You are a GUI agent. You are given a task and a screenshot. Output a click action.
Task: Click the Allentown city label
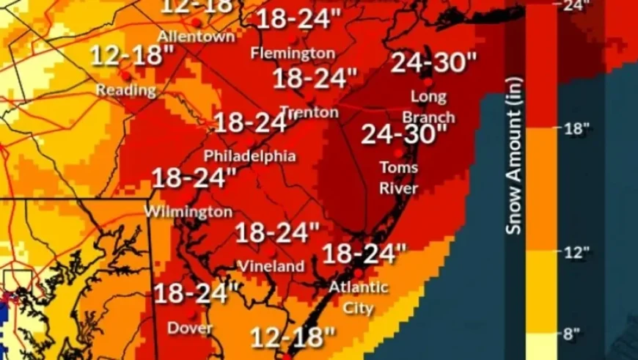[x=196, y=36]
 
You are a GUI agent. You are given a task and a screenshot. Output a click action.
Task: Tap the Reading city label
[x=126, y=90]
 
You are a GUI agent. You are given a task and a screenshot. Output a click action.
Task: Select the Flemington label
[x=293, y=53]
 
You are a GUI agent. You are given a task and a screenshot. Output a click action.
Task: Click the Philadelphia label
[x=250, y=156]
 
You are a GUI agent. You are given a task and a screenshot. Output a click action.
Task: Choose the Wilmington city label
[x=188, y=212]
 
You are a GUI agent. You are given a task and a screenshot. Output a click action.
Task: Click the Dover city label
[x=190, y=328]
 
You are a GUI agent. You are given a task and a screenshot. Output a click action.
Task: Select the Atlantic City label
[x=359, y=297]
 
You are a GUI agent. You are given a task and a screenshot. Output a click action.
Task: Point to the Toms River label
[x=399, y=178]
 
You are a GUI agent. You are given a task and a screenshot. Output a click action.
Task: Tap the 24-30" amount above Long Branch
[x=429, y=64]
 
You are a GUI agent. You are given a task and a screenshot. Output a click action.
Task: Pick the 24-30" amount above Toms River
[x=404, y=134]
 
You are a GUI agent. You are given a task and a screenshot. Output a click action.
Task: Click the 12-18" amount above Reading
[x=133, y=55]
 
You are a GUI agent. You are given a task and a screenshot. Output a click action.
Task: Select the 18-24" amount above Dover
[x=196, y=293]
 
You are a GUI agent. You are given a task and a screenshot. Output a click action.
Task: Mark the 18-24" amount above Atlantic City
[x=364, y=254]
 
